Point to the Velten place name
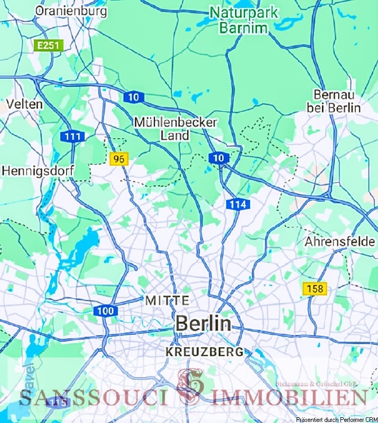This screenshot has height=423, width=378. pyautogui.click(x=24, y=104)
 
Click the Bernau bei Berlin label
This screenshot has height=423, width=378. pyautogui.click(x=337, y=101)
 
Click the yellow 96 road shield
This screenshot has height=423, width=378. pyautogui.click(x=120, y=158)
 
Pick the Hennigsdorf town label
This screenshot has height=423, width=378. pyautogui.click(x=38, y=171)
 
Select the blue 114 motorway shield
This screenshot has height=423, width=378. pyautogui.click(x=237, y=204)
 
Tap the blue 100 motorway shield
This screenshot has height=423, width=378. pyautogui.click(x=107, y=311)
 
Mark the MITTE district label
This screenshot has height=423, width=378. pyautogui.click(x=167, y=300)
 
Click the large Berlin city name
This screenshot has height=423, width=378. pyautogui.click(x=204, y=323)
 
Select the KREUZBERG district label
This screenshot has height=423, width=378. pyautogui.click(x=205, y=352)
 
